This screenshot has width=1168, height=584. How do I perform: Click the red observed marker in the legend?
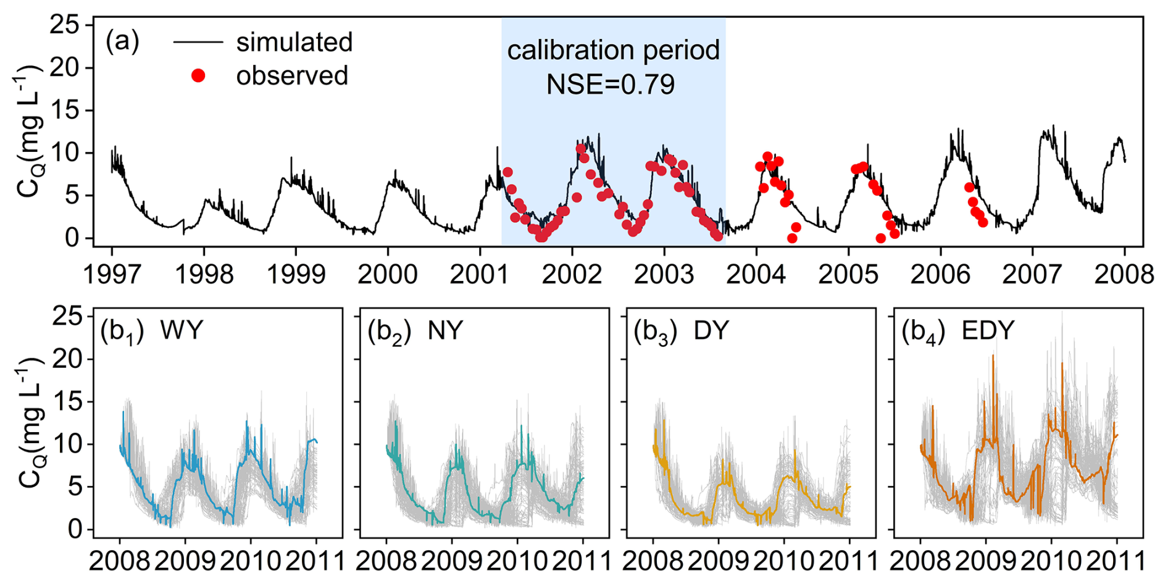(198, 76)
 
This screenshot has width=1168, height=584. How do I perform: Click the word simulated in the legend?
(294, 43)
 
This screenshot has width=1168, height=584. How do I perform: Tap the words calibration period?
(613, 50)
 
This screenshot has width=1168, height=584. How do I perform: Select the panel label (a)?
(122, 42)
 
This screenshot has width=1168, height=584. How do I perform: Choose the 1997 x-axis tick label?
(112, 274)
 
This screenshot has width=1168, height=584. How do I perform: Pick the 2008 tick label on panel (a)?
(1124, 274)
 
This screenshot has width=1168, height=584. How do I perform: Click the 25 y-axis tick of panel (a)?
(65, 25)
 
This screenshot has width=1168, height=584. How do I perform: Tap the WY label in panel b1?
(181, 331)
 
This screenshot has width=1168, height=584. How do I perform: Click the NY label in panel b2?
(445, 331)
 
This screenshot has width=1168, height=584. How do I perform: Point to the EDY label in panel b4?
(988, 331)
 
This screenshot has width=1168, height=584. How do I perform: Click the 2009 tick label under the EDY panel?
(986, 561)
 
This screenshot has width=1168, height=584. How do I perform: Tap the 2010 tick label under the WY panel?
(251, 561)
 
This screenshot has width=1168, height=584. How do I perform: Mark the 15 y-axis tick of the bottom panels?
(67, 402)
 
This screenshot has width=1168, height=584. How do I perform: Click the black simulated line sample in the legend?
(198, 42)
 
